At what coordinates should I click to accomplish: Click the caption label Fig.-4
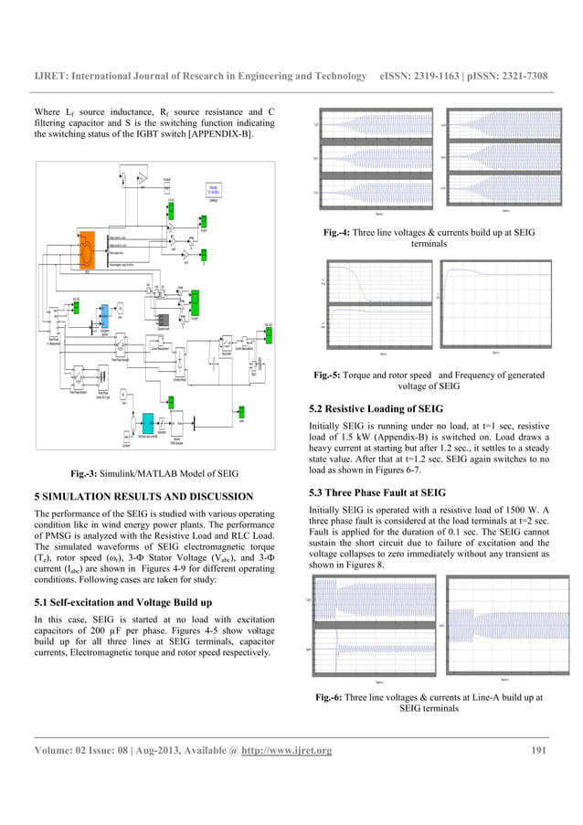(x=344, y=233)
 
